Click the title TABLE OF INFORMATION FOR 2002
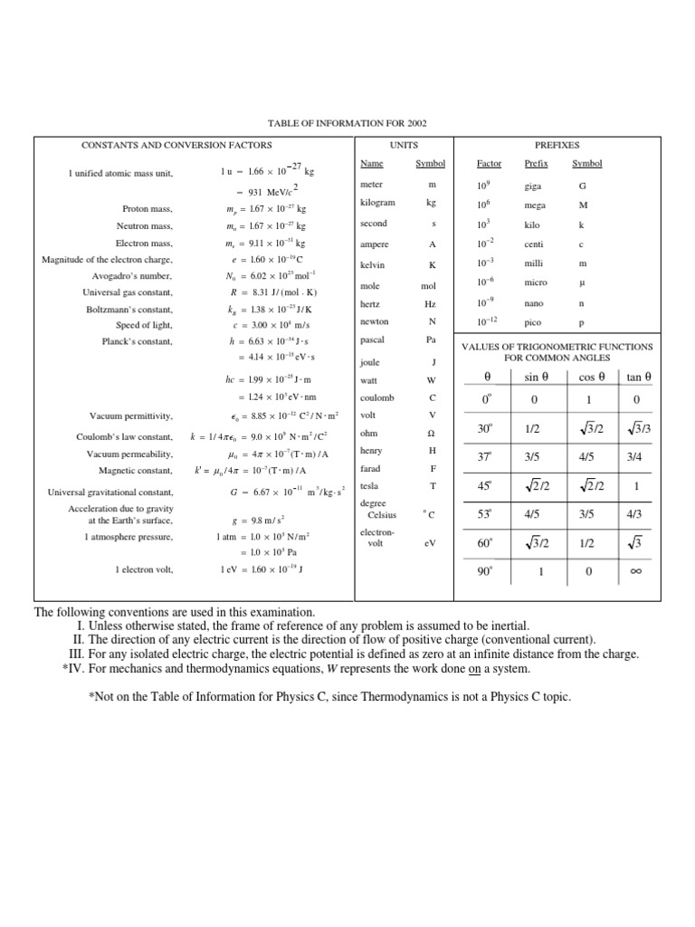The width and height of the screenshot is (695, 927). pos(347,122)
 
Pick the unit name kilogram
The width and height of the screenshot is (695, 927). pos(377,204)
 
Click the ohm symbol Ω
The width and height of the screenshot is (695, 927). pos(433,434)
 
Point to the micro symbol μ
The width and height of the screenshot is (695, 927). pos(583,282)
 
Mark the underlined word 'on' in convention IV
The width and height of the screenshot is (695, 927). pos(473,669)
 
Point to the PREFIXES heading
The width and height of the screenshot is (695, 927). pos(557,145)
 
